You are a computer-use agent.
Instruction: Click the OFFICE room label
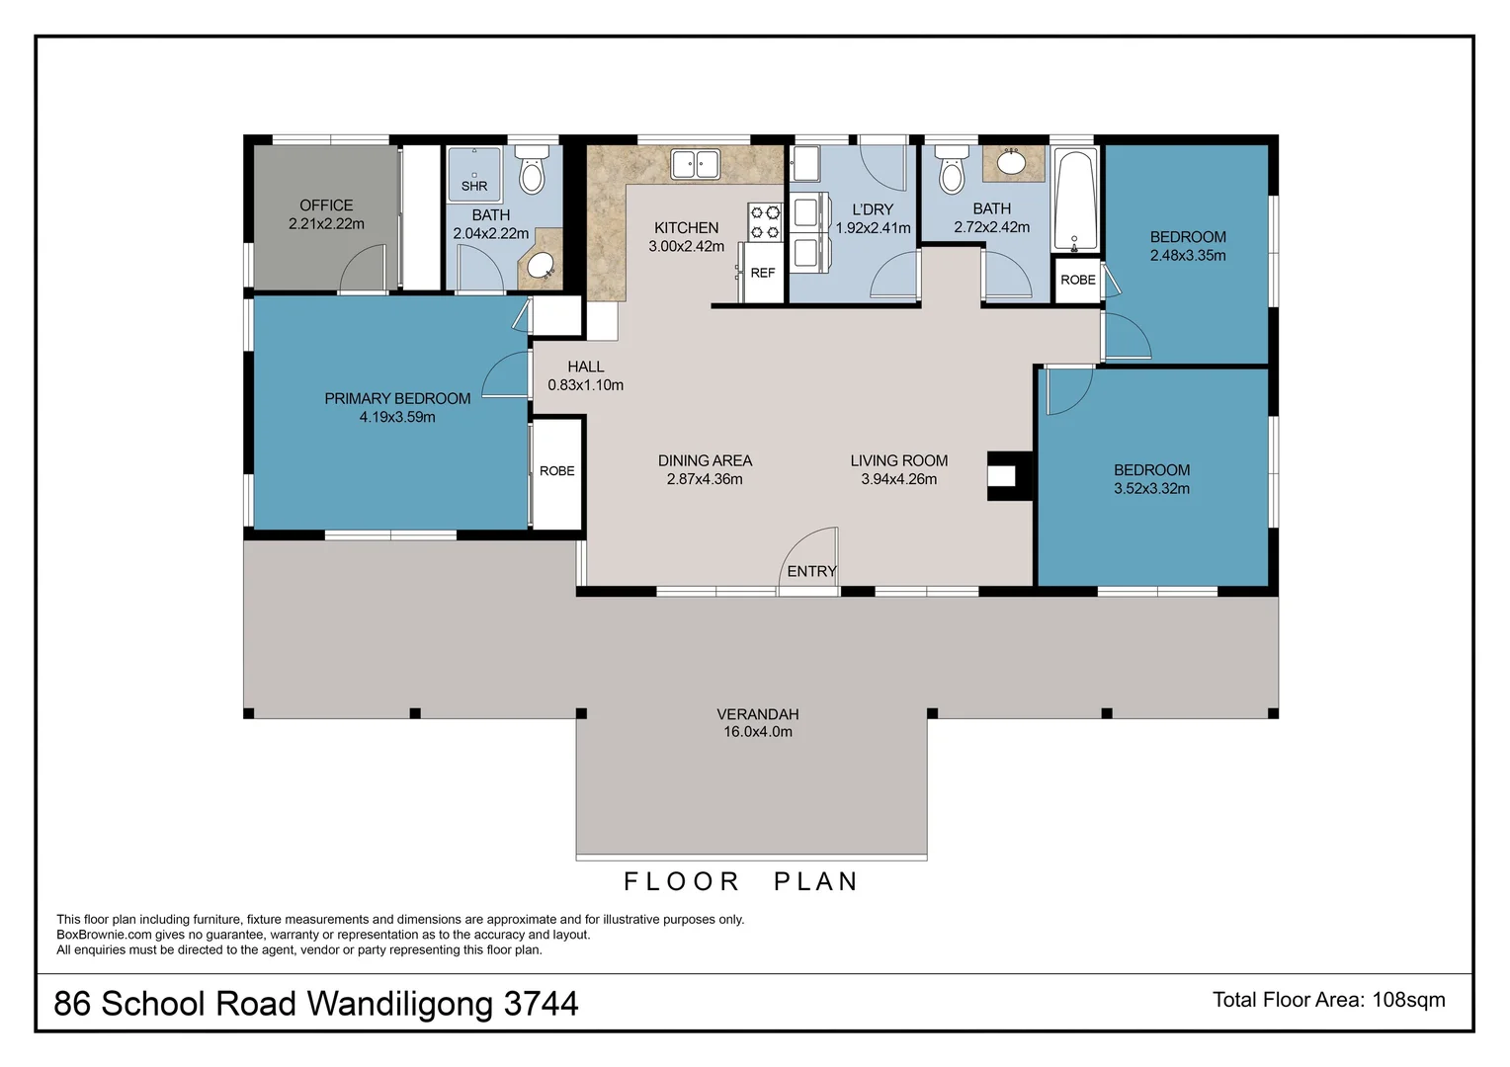click(326, 205)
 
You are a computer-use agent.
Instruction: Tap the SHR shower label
click(474, 186)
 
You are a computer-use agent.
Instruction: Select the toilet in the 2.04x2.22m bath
click(532, 172)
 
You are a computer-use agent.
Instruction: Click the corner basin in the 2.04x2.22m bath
click(541, 265)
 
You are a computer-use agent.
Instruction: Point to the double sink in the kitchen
click(696, 164)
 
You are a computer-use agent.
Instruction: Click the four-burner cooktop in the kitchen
click(765, 222)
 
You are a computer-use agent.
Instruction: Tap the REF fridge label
click(763, 273)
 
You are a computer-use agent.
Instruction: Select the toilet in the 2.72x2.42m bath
click(952, 172)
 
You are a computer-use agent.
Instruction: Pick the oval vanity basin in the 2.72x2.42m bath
click(1012, 163)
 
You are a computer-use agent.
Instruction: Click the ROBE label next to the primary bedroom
click(557, 471)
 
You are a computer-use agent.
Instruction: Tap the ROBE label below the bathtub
click(1078, 280)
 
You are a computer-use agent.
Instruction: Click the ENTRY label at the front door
click(811, 571)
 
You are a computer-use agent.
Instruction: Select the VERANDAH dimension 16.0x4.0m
click(758, 732)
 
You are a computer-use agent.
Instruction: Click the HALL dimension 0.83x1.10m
click(586, 385)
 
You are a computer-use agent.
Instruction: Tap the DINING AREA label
click(705, 460)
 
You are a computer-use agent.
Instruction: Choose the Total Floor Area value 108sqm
click(1408, 1000)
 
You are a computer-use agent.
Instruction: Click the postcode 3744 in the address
click(541, 1004)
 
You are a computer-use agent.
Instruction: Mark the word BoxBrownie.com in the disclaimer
click(104, 935)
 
